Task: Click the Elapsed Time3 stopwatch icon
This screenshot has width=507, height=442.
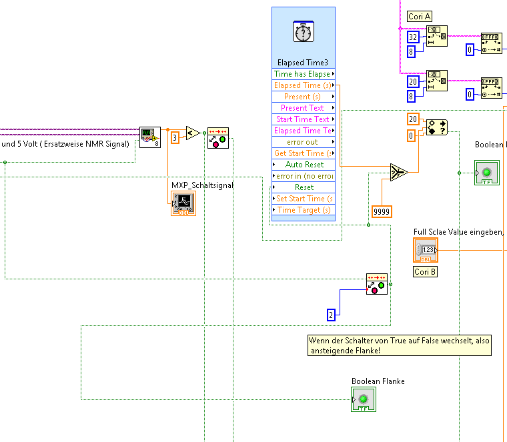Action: [304, 32]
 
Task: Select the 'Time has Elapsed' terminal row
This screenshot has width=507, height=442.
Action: [304, 74]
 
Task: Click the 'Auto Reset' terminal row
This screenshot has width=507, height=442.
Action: [304, 165]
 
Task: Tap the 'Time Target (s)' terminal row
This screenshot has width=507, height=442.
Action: [304, 210]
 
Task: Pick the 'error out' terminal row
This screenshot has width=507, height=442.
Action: [304, 142]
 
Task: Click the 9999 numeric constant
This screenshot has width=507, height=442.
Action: [382, 211]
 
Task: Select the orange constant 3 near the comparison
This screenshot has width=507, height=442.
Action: [175, 137]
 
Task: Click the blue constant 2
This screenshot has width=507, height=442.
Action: [332, 314]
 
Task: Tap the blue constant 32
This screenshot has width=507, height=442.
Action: [413, 37]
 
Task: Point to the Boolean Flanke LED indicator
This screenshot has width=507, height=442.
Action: [364, 400]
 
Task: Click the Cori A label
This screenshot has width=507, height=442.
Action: [420, 16]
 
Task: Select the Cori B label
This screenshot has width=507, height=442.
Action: [425, 272]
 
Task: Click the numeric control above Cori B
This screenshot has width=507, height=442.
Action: [426, 251]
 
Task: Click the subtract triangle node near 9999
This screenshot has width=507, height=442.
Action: [399, 173]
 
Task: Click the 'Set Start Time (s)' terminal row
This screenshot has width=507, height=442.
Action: [304, 199]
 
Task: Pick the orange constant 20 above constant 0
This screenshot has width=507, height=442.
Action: [413, 119]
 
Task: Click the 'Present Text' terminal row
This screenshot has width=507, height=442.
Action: [304, 108]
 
